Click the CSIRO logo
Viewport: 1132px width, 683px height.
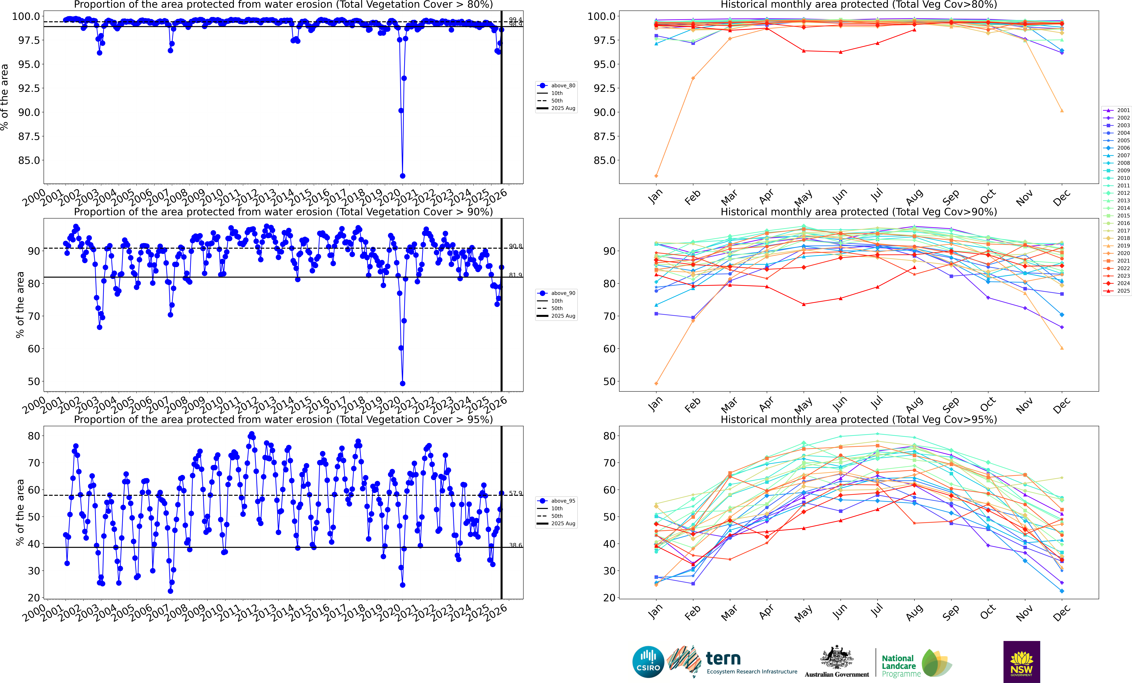(x=648, y=662)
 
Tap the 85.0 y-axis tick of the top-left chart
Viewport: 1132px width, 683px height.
(x=29, y=160)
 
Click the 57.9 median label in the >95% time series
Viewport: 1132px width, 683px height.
(x=515, y=493)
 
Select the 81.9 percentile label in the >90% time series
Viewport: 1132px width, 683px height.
(x=515, y=275)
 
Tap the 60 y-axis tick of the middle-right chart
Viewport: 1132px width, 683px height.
(x=609, y=349)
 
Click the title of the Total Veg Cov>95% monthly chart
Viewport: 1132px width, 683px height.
(x=859, y=419)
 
